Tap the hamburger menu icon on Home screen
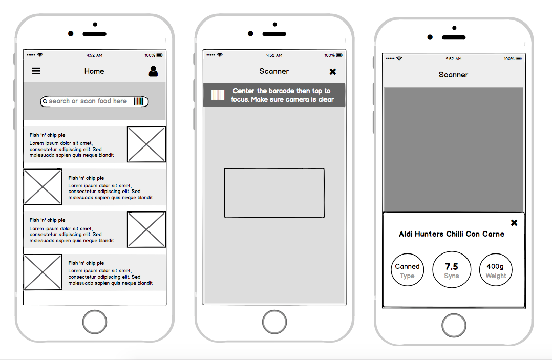click(x=36, y=71)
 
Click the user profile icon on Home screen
click(x=153, y=72)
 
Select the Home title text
click(x=94, y=71)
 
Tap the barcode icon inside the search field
click(x=139, y=101)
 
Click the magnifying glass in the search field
click(x=45, y=101)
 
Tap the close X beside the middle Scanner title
click(x=333, y=72)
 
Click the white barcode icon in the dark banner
click(x=218, y=95)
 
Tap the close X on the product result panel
click(x=514, y=223)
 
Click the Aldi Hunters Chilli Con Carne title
click(x=452, y=234)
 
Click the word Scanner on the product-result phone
click(x=454, y=75)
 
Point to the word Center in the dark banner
click(x=243, y=91)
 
